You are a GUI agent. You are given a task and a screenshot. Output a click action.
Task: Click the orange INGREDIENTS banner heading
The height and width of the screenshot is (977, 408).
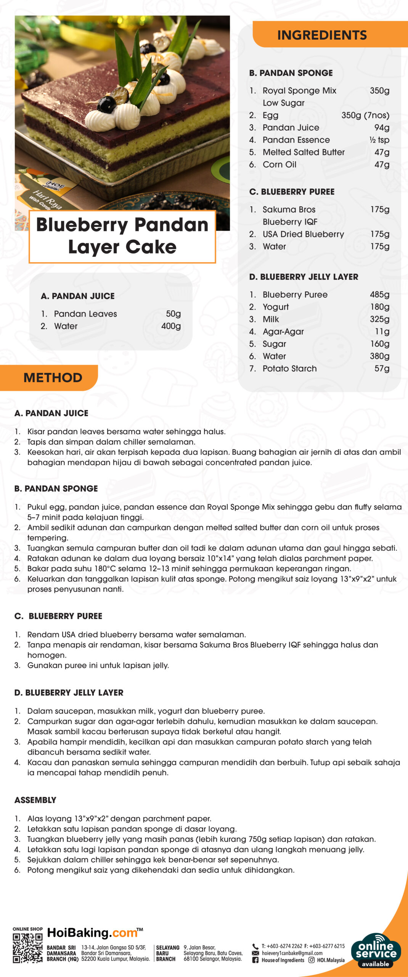[322, 35]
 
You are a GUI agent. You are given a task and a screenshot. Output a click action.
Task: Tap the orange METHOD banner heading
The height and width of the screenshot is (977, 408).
[53, 377]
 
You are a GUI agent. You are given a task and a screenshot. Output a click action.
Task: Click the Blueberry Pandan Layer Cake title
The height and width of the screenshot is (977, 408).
[122, 236]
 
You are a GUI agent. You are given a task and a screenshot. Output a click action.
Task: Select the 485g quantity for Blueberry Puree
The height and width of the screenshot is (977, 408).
[379, 295]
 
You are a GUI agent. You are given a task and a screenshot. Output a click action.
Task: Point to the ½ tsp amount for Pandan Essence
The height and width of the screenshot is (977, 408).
[379, 140]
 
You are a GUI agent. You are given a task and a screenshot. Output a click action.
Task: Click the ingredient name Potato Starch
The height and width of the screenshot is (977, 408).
[289, 369]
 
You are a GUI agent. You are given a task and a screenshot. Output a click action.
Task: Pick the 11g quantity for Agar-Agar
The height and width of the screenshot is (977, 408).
[382, 332]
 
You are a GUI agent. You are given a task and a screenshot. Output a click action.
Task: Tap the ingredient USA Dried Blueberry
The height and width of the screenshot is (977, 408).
[303, 234]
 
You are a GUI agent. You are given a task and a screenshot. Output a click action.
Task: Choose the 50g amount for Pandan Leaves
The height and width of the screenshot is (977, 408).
[173, 314]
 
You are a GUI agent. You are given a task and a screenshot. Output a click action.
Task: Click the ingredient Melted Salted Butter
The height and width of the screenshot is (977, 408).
[304, 152]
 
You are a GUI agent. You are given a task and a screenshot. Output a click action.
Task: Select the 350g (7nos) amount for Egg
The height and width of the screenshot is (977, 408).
[365, 115]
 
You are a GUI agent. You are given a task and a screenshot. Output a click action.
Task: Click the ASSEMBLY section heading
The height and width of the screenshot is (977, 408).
[35, 800]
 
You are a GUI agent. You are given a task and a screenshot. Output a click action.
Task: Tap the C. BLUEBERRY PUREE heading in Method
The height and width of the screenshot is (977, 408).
[58, 616]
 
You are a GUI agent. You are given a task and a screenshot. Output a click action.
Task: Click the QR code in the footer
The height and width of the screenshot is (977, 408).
[27, 948]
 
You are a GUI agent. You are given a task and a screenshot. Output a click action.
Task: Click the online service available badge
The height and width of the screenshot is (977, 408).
[376, 950]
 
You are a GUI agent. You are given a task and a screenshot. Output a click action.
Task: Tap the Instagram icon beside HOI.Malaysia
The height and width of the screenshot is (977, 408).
[311, 960]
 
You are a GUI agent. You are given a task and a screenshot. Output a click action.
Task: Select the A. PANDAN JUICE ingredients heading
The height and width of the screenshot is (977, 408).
[78, 296]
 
